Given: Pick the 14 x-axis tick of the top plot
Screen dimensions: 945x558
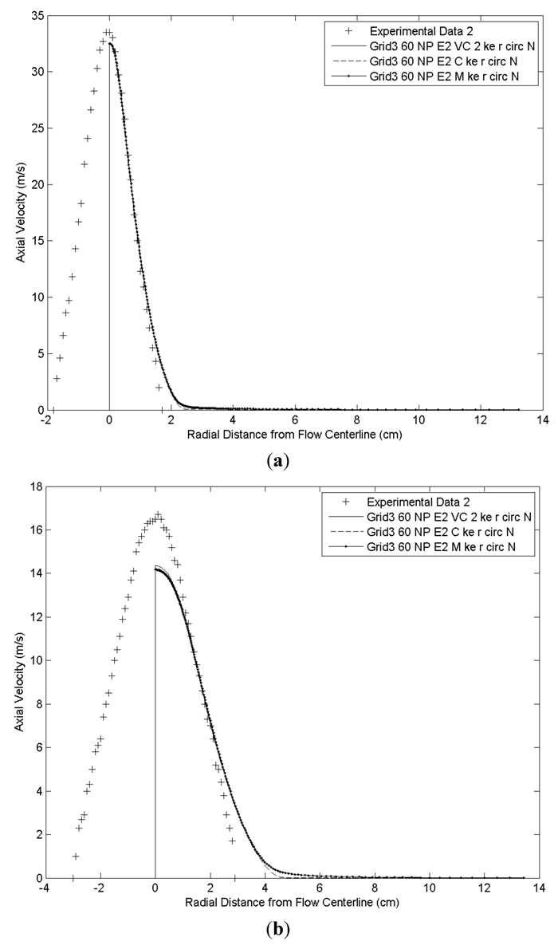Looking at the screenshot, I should pos(542,420).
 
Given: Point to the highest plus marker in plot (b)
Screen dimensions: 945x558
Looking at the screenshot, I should pos(158,514).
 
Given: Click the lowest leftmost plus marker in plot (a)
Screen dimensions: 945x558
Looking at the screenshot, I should pos(57,378).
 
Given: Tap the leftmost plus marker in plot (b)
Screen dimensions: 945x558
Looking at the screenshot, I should pos(76,856).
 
